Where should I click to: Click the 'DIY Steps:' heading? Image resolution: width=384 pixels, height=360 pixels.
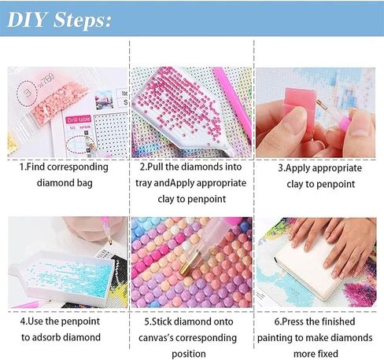60,20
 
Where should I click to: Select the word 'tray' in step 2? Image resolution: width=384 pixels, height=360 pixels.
143,183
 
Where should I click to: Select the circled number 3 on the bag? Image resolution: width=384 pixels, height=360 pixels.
27,93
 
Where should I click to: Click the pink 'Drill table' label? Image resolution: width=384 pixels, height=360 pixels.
79,119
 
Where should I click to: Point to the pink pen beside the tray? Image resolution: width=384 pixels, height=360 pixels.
232,105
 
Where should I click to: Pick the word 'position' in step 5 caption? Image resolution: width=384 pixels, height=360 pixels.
189,354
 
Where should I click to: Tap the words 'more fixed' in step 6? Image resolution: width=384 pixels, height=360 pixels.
316,354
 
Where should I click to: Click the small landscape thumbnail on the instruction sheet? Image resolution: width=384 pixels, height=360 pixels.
105,99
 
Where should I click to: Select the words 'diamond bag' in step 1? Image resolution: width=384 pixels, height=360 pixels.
65,183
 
